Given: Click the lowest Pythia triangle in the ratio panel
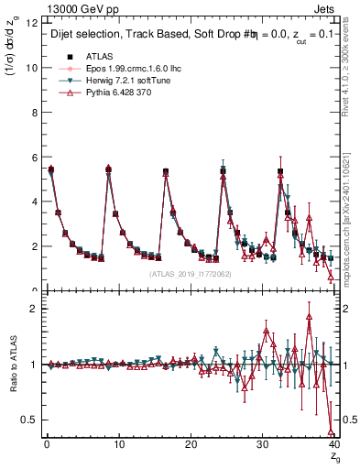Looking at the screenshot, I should pyautogui.click(x=330, y=431).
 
